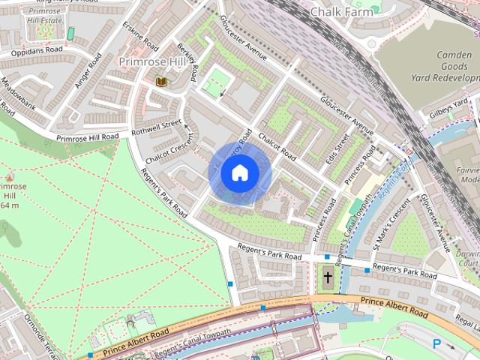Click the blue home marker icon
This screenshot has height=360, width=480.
[x=239, y=173]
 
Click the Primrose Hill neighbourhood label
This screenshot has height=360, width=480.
[x=151, y=61]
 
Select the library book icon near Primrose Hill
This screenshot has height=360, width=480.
[x=161, y=80]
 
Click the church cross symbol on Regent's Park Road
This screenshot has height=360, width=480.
[x=328, y=277]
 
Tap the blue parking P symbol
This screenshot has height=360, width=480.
[x=436, y=343]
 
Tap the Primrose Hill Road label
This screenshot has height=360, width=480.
[x=87, y=138]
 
